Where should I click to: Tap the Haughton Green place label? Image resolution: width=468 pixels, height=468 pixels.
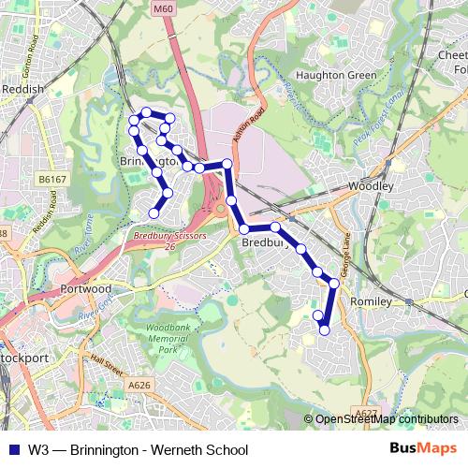pyautogui.click(x=328, y=75)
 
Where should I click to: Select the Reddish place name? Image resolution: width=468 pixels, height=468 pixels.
pyautogui.click(x=22, y=89)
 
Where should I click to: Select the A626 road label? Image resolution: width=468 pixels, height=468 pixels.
pyautogui.click(x=139, y=383)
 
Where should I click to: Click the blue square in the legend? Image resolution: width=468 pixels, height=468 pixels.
pyautogui.click(x=14, y=450)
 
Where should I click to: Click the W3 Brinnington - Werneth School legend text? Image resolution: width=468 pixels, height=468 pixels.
pyautogui.click(x=139, y=450)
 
